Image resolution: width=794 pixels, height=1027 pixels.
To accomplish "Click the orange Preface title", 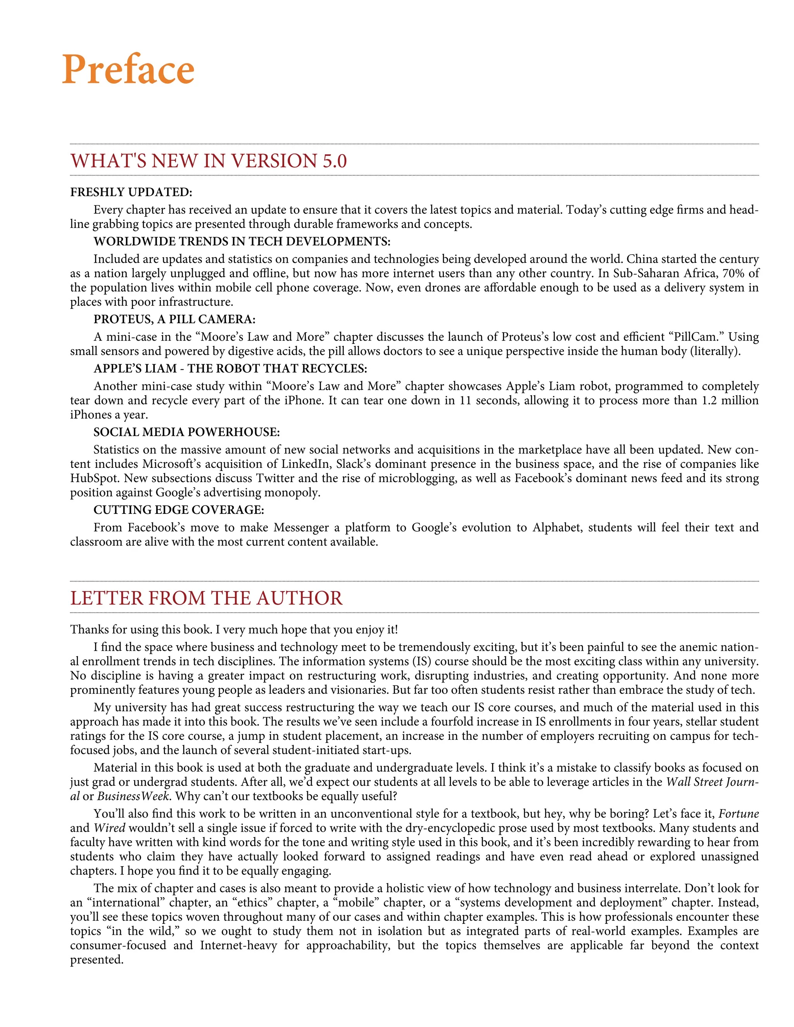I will (x=128, y=70).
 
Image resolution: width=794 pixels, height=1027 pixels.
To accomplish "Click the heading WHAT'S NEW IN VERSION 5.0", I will (x=208, y=161).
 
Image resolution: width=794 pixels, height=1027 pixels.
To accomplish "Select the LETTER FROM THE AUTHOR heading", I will (x=206, y=598).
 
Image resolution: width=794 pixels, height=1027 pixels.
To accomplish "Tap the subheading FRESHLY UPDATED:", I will (x=131, y=192).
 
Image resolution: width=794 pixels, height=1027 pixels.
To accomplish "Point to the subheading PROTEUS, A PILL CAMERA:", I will (x=174, y=319).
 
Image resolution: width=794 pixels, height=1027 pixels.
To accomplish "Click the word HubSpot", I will (x=94, y=478).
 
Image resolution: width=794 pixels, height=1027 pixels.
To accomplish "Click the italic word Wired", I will (x=109, y=828).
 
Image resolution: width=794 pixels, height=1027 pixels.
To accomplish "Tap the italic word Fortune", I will (x=739, y=813).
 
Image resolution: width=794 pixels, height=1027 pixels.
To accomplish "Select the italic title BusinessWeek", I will (x=133, y=796).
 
